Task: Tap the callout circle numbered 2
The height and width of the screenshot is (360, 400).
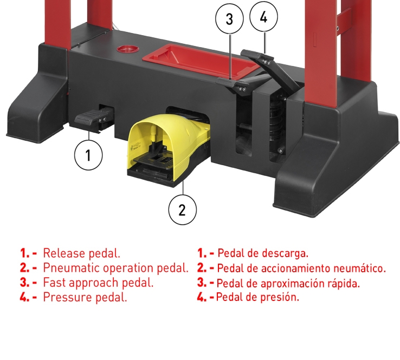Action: pos(183,208)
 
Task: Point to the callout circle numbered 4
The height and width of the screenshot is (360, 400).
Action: pos(264,17)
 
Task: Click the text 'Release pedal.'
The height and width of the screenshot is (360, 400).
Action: pos(81,253)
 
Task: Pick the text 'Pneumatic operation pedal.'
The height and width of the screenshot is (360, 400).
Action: pos(115,268)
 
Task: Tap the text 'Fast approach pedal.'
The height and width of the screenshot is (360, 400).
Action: pos(98,283)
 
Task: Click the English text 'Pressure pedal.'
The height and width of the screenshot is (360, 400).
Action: pos(85,297)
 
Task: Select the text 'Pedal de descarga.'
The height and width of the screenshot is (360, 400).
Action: pos(262,253)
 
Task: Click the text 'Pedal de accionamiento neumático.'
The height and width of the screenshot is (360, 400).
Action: pos(301,268)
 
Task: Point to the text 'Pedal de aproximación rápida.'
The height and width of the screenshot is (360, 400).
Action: pos(288,283)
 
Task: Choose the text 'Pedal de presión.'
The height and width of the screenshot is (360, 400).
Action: pos(257,297)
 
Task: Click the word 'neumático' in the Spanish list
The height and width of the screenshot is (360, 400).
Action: pos(358,268)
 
